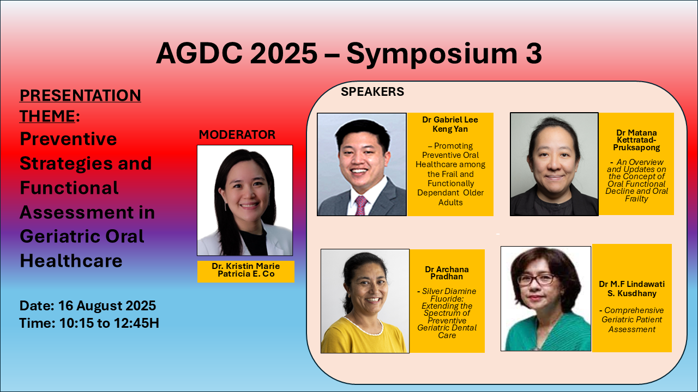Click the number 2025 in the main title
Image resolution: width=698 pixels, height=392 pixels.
pyautogui.click(x=283, y=53)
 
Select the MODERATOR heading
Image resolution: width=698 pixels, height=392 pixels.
pyautogui.click(x=237, y=134)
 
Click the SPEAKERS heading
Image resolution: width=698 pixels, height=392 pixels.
pyautogui.click(x=372, y=92)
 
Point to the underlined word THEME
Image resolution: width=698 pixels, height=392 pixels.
pyautogui.click(x=47, y=116)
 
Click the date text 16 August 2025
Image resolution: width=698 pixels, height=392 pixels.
pyautogui.click(x=107, y=306)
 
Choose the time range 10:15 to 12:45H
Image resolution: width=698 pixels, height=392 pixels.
pyautogui.click(x=110, y=323)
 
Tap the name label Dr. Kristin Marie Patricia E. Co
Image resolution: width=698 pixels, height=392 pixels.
pyautogui.click(x=246, y=270)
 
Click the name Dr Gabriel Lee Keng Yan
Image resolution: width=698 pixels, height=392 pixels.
pyautogui.click(x=450, y=124)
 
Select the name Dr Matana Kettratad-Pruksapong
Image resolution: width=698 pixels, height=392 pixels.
pyautogui.click(x=636, y=140)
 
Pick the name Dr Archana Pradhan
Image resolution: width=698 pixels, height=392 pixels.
pyautogui.click(x=447, y=273)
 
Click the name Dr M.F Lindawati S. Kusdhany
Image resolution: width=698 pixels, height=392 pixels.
pyautogui.click(x=631, y=289)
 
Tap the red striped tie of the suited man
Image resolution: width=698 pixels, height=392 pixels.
pyautogui.click(x=361, y=205)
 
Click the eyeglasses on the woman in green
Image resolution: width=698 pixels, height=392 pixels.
pyautogui.click(x=537, y=279)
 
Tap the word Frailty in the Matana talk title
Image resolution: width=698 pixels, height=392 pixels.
pyautogui.click(x=636, y=199)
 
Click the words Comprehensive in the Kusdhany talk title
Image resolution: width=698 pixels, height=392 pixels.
pyautogui.click(x=634, y=310)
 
